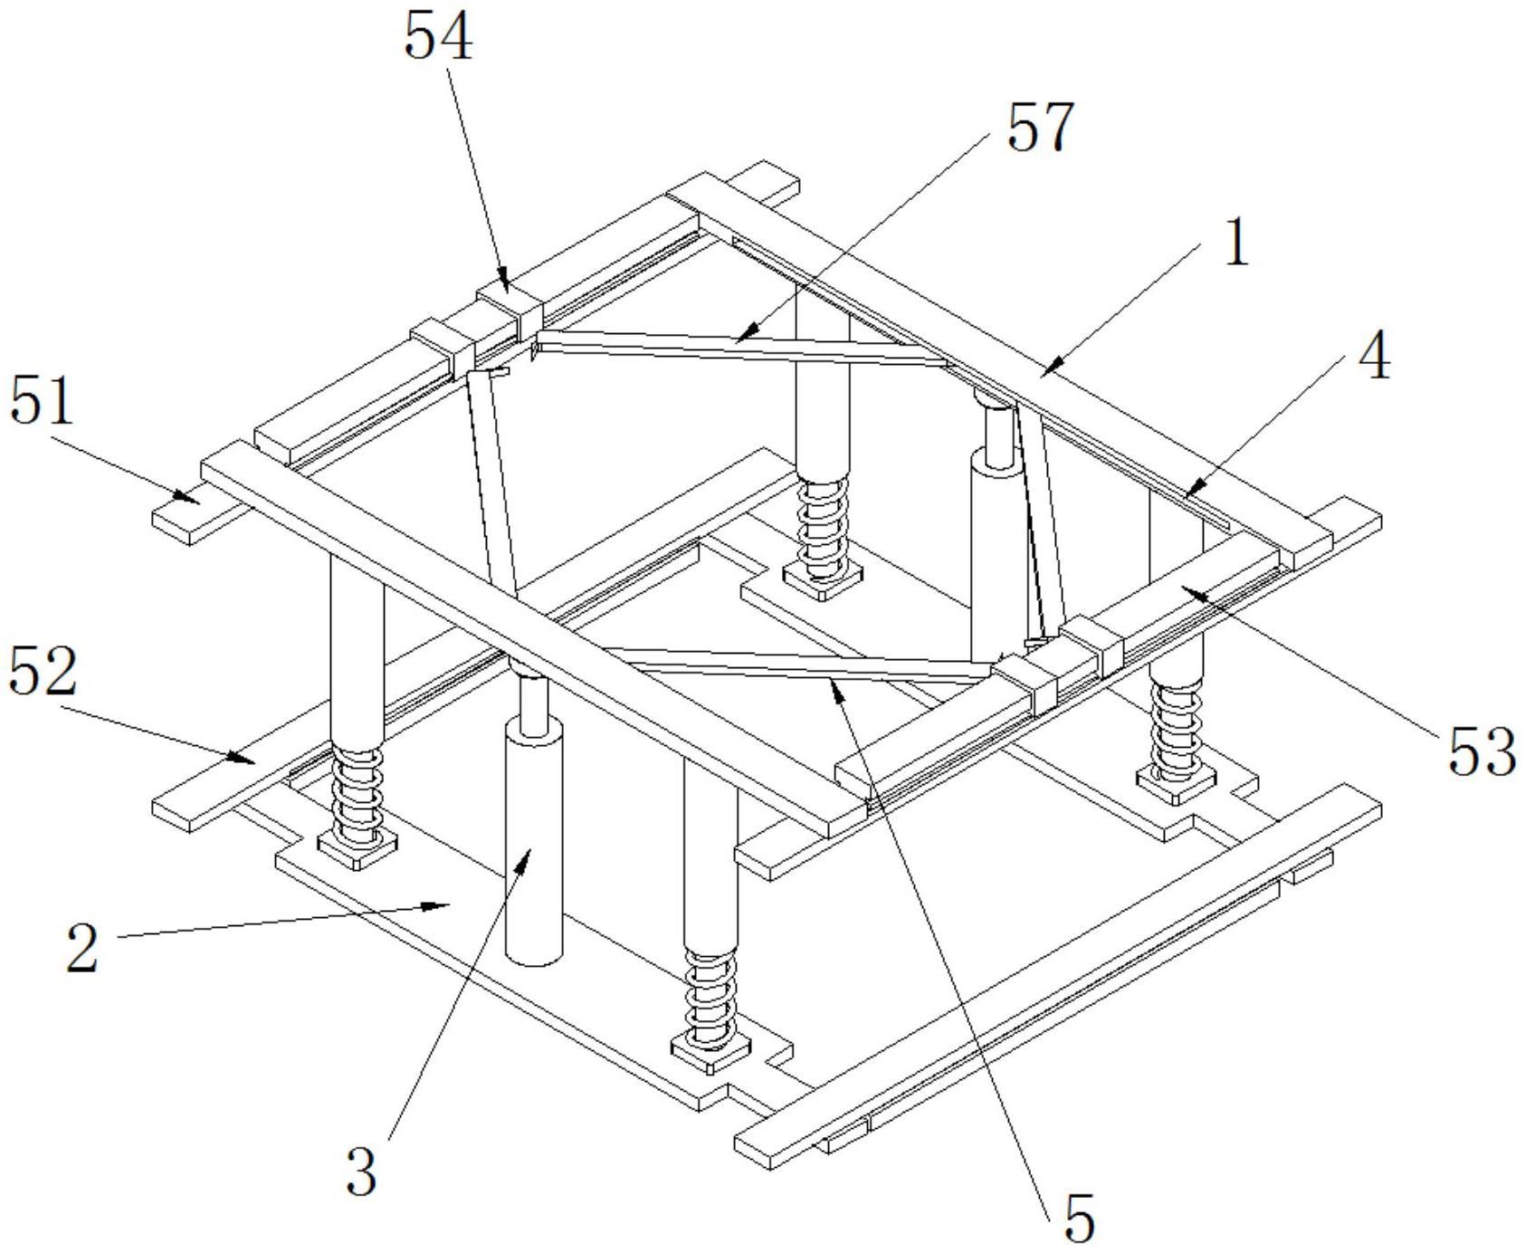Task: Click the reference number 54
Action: (x=438, y=37)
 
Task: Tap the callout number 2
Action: (x=82, y=948)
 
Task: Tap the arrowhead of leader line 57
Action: (x=741, y=337)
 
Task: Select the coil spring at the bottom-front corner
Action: (x=711, y=995)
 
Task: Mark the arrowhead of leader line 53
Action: (x=1187, y=591)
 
